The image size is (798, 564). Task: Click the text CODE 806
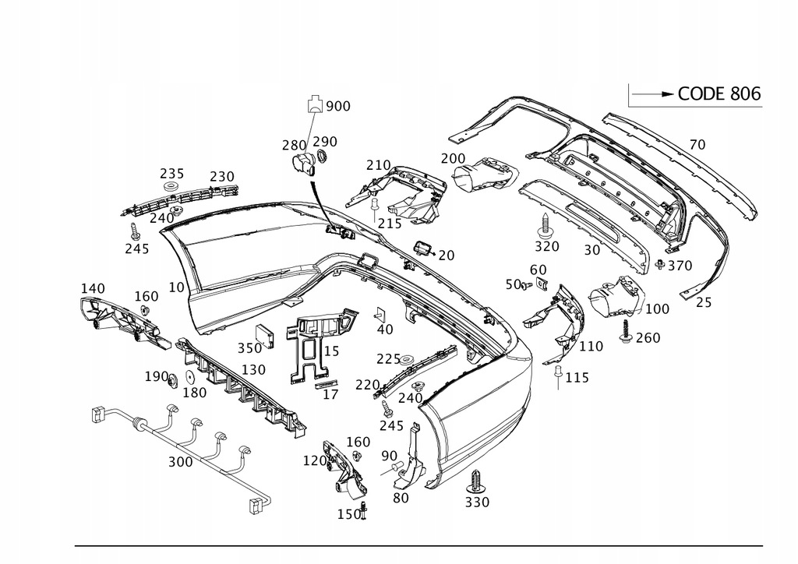tap(719, 94)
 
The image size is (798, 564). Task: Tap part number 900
tap(338, 107)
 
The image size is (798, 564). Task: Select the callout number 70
tap(697, 144)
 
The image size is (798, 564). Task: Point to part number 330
tap(477, 502)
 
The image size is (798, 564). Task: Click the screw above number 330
tap(476, 479)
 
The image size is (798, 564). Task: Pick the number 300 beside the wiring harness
tap(180, 462)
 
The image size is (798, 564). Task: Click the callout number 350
tap(250, 348)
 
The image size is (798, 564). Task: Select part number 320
tap(547, 247)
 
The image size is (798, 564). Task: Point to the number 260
tap(648, 338)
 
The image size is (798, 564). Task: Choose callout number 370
tap(680, 266)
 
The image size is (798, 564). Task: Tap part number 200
tap(453, 158)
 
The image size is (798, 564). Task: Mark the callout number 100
tap(657, 309)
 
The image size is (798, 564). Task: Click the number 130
tap(253, 369)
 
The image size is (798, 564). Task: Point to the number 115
tap(577, 377)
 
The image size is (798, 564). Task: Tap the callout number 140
tap(92, 288)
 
